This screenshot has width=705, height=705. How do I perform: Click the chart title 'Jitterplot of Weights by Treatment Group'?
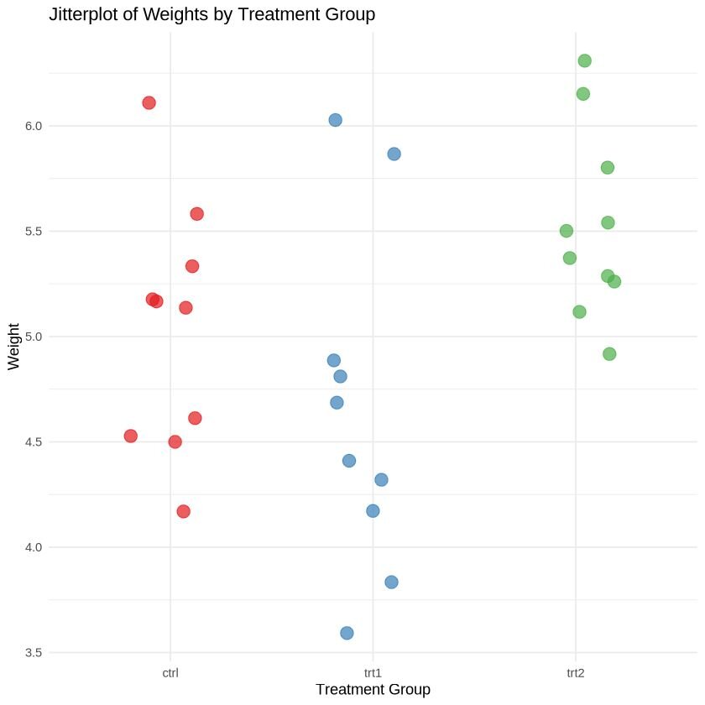(x=211, y=15)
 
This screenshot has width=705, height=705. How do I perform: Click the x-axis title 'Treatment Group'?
(x=373, y=690)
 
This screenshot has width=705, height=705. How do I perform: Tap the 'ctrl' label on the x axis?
(x=170, y=672)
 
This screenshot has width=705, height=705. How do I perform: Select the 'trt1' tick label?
(x=373, y=672)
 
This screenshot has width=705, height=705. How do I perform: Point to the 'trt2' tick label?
(x=576, y=672)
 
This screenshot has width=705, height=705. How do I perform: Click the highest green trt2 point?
(x=585, y=60)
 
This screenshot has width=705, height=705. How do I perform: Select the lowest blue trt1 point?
(x=347, y=633)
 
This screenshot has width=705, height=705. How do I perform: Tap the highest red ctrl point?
(x=149, y=103)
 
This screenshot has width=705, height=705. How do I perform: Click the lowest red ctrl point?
(x=183, y=511)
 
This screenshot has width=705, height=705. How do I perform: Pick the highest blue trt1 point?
(x=335, y=120)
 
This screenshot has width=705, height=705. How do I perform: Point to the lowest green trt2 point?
(x=609, y=354)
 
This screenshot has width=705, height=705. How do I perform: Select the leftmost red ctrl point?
(x=130, y=436)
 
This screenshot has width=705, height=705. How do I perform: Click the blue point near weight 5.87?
(x=394, y=154)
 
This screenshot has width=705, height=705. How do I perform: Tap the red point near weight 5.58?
(x=196, y=214)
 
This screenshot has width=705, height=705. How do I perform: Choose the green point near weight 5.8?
(x=608, y=168)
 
